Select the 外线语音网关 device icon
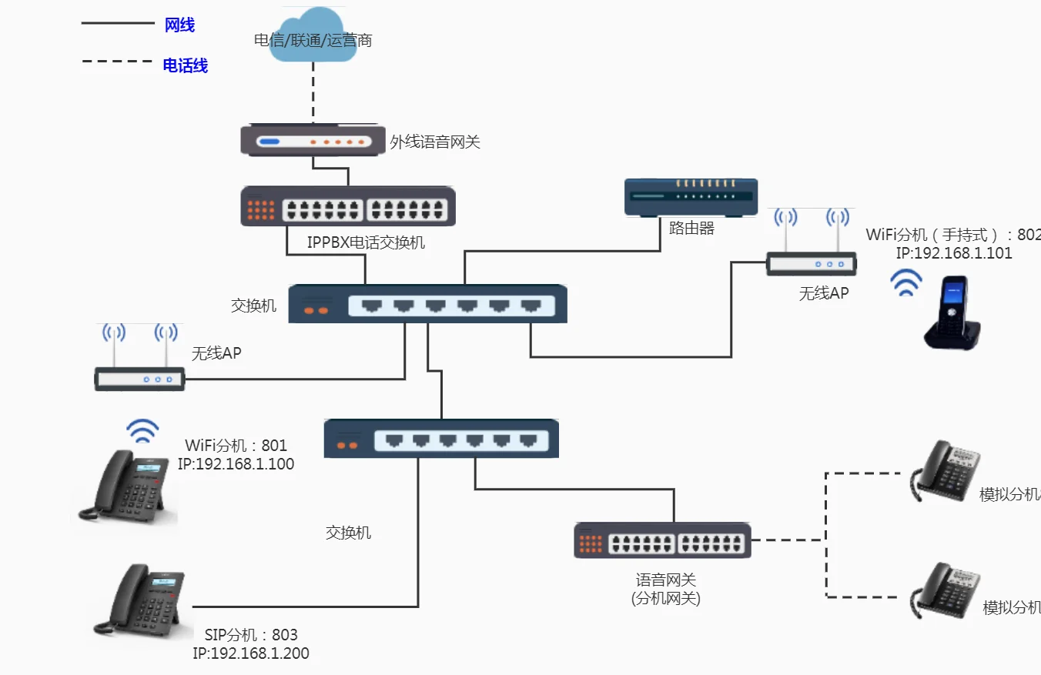tap(313, 141)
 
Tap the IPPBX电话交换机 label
tap(366, 242)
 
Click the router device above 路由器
tap(691, 198)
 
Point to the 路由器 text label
tap(691, 228)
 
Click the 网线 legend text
tap(179, 25)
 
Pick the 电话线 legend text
tap(185, 65)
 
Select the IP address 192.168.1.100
tap(236, 464)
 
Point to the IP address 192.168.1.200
tap(251, 653)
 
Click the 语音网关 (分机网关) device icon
tap(663, 540)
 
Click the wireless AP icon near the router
tap(812, 245)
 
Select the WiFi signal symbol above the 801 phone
tap(142, 431)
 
